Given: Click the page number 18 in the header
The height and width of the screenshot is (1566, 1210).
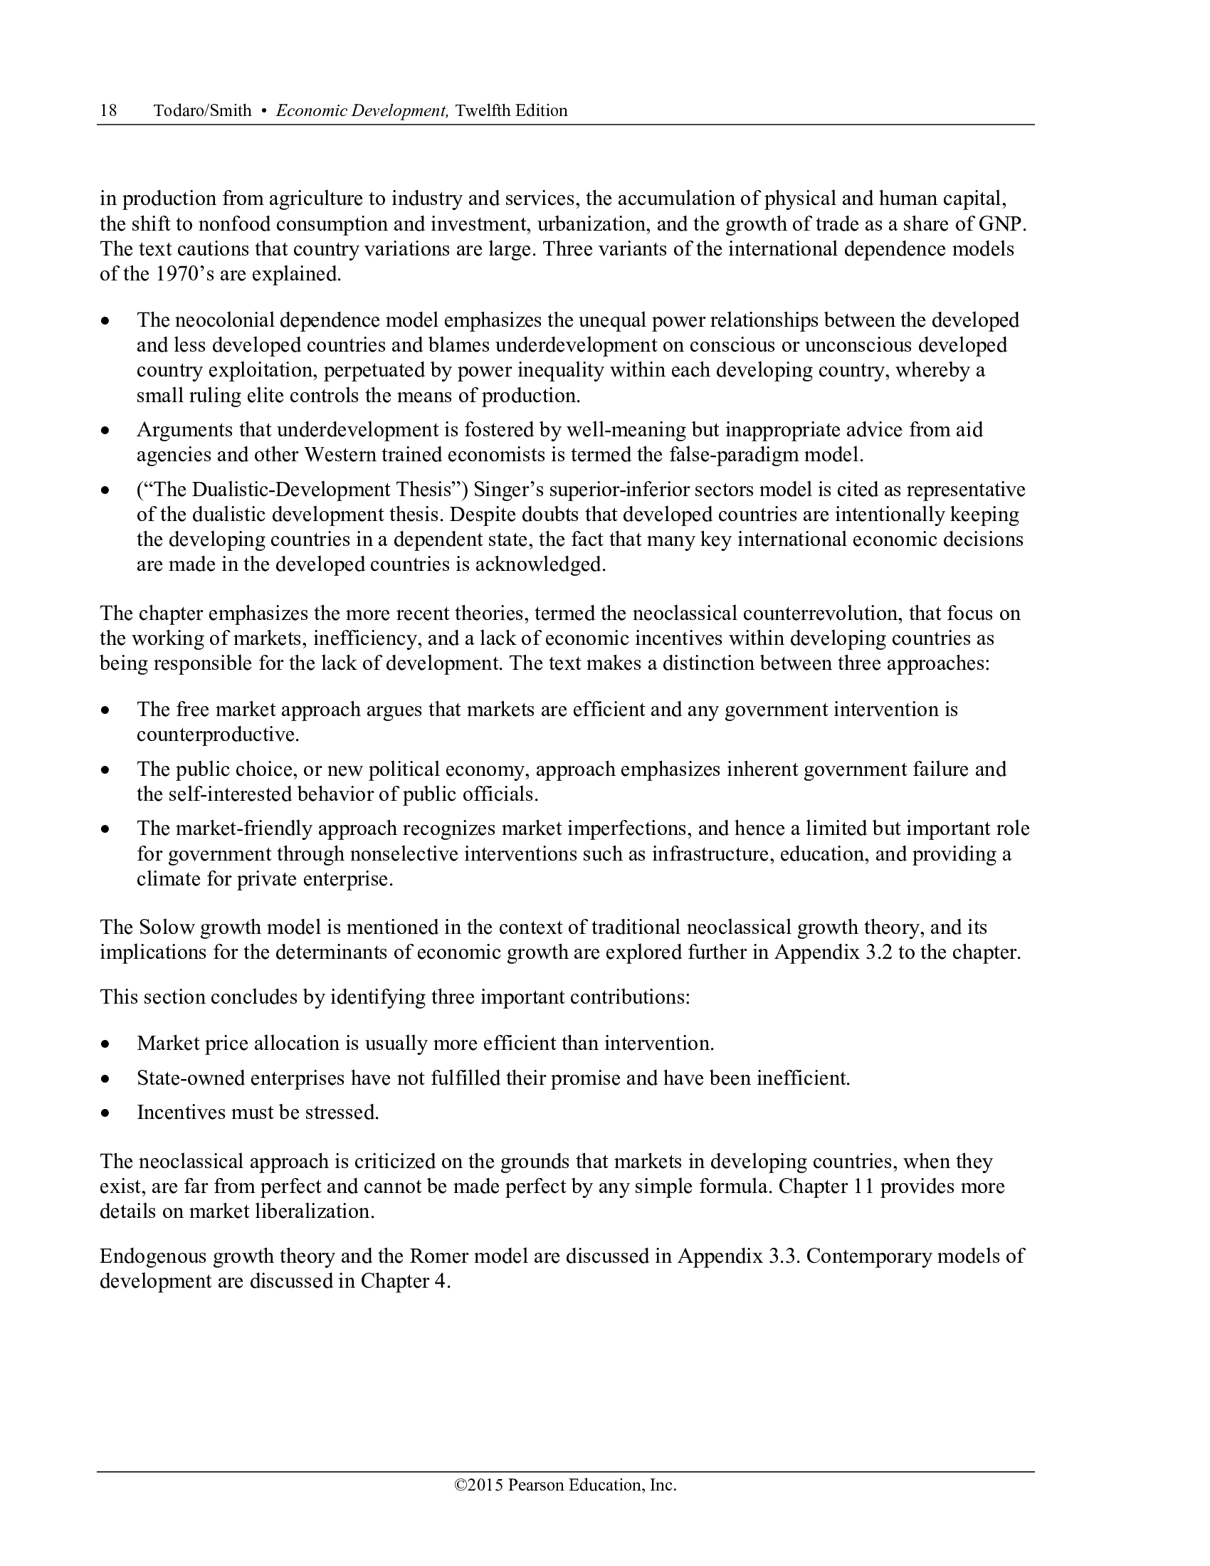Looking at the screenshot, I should coord(108,110).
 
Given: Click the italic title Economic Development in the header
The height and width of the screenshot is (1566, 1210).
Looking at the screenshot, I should coord(362,110).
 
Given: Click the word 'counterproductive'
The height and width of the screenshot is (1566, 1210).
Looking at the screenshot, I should coord(217,735).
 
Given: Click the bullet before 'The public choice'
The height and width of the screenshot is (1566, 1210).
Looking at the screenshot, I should coord(106,771).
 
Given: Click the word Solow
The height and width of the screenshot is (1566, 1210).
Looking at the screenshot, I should coord(167,927).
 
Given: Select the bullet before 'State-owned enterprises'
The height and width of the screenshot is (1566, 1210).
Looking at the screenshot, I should coord(106,1079).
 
